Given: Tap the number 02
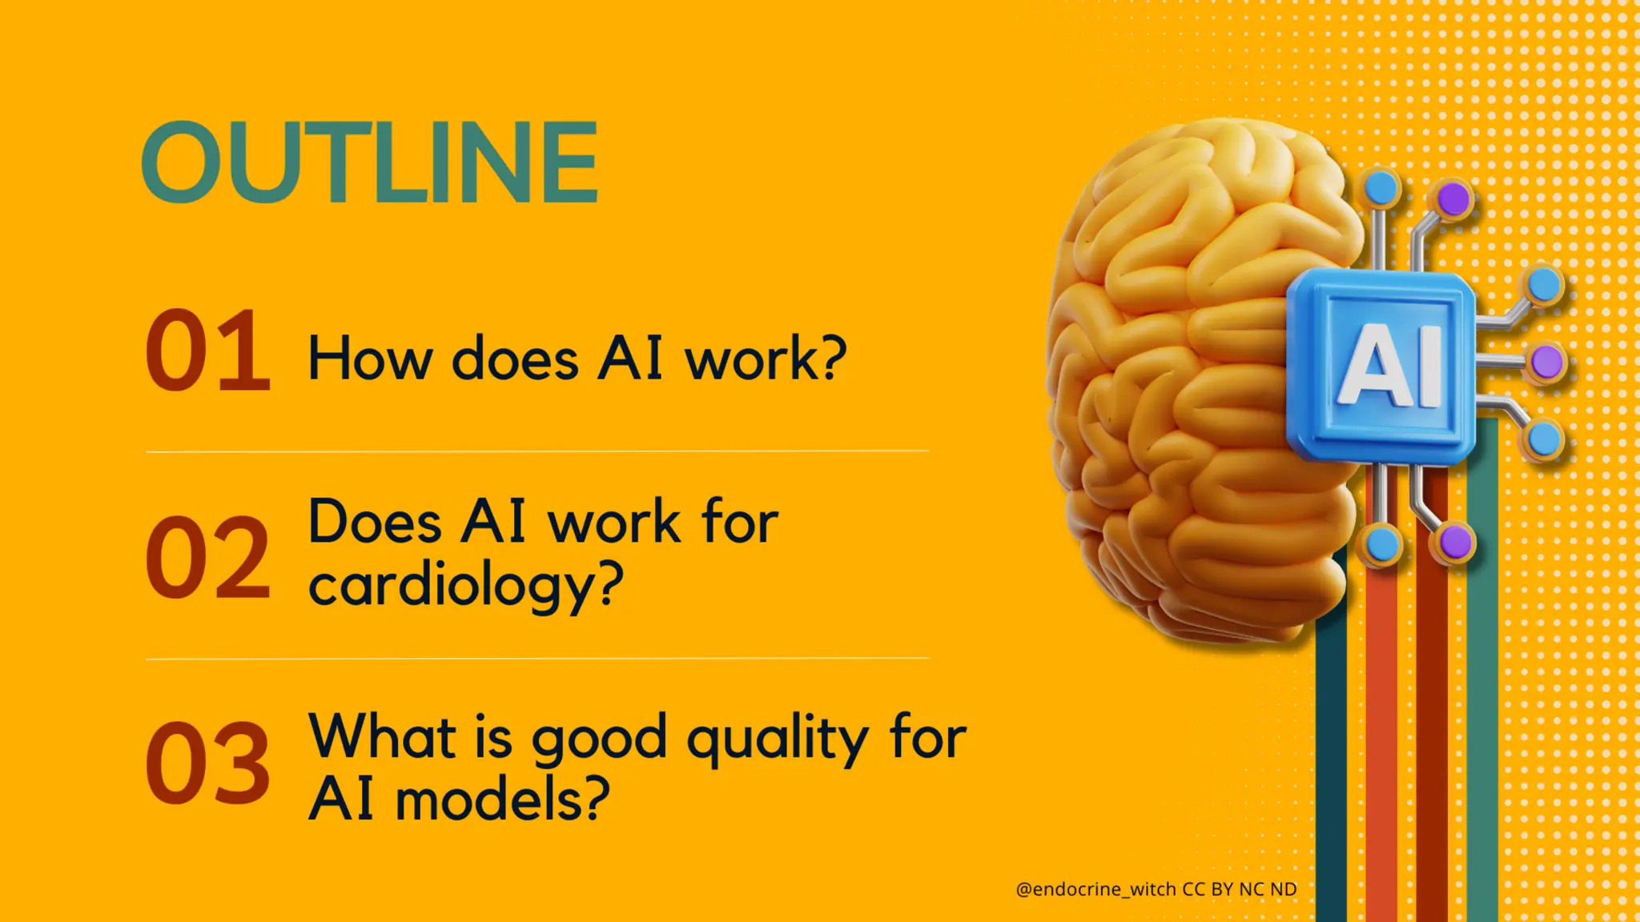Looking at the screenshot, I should click(207, 557).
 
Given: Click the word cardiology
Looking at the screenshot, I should click(464, 586).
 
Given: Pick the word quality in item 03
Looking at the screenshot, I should click(777, 740).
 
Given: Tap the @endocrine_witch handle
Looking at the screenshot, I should click(1095, 889).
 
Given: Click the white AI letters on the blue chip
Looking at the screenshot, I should click(1390, 366).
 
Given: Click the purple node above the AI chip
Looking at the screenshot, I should click(1453, 198).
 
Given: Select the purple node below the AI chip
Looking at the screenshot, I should click(1455, 543).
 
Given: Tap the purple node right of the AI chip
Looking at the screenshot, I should click(1546, 362).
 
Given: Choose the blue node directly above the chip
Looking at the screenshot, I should click(1380, 189).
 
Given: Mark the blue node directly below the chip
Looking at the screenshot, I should click(1381, 545).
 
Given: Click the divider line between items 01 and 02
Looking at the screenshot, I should click(537, 451).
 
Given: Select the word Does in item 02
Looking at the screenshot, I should click(374, 523).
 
